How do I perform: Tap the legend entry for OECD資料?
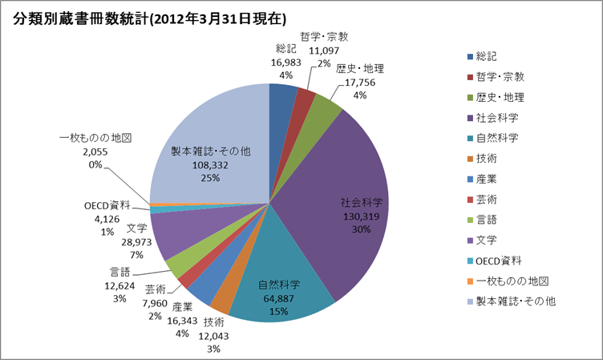click(500, 261)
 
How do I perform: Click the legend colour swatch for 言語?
click(469, 220)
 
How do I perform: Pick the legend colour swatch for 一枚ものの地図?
click(469, 281)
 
